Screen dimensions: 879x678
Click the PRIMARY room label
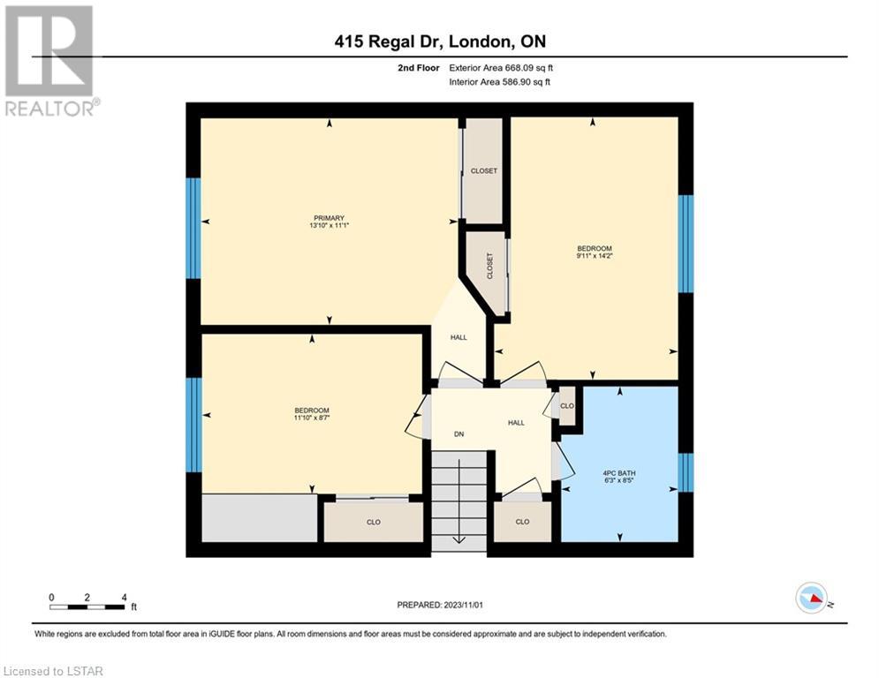[x=329, y=218]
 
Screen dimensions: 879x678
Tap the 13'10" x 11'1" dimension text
[x=329, y=225]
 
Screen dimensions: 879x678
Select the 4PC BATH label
[x=619, y=473]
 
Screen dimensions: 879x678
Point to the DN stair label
[x=458, y=434]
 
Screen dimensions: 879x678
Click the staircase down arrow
[x=459, y=501]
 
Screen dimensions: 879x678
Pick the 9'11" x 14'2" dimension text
[x=595, y=256]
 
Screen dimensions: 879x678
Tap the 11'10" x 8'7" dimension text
[x=312, y=418]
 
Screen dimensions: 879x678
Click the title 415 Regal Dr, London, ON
[x=440, y=41]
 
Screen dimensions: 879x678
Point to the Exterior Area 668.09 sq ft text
[x=501, y=68]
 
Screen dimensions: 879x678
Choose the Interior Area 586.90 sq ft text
[x=499, y=82]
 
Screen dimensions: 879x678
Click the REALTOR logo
[x=49, y=61]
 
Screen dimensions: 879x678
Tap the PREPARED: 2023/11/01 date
[x=440, y=605]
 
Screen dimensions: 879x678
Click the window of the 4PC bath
[x=686, y=472]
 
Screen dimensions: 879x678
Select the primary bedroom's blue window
[x=193, y=228]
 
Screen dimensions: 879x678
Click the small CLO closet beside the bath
[x=567, y=406]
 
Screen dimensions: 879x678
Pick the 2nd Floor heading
[x=419, y=68]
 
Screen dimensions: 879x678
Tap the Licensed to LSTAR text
[x=53, y=671]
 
